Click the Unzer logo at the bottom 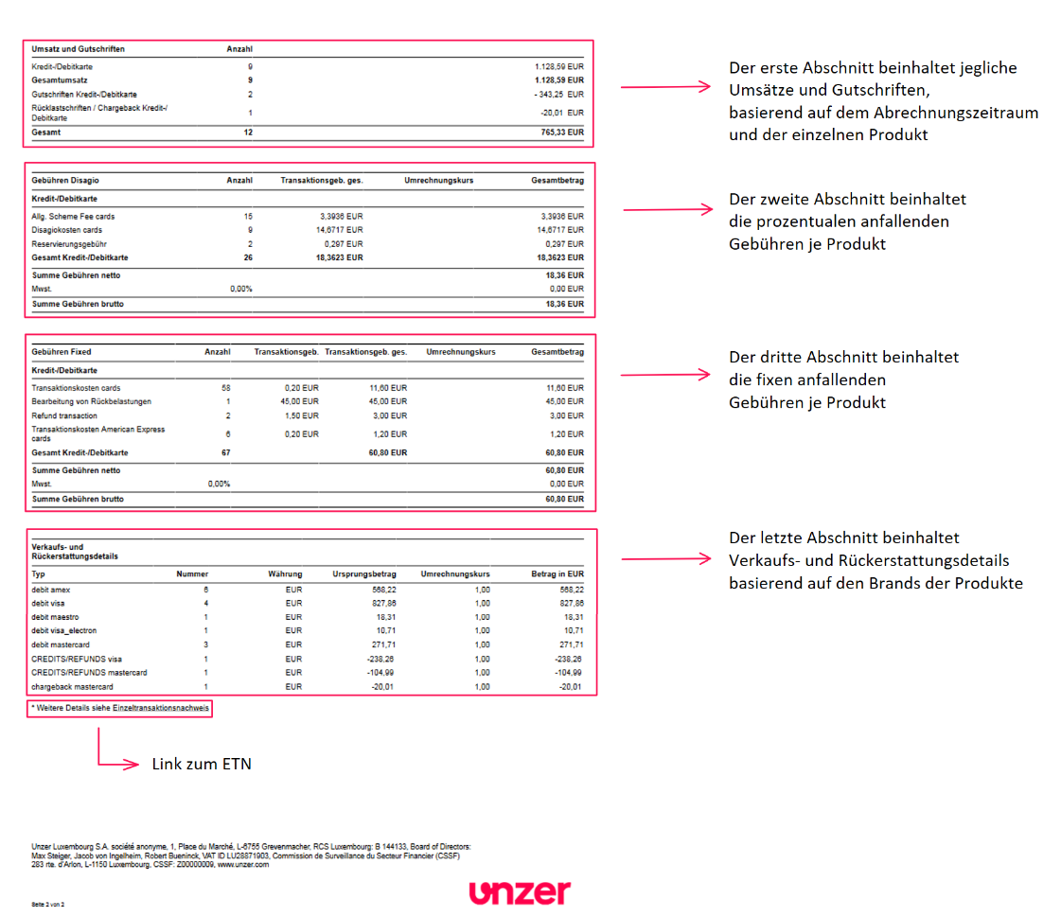520,891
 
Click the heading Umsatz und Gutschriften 79,48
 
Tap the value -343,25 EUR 558,95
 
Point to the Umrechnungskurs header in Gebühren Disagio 438,180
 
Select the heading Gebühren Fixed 62,352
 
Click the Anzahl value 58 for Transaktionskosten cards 225,388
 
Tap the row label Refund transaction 64,415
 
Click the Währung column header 284,574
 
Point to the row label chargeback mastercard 72,686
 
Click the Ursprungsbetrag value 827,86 379,603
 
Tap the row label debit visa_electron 64,630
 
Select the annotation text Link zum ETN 202,764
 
